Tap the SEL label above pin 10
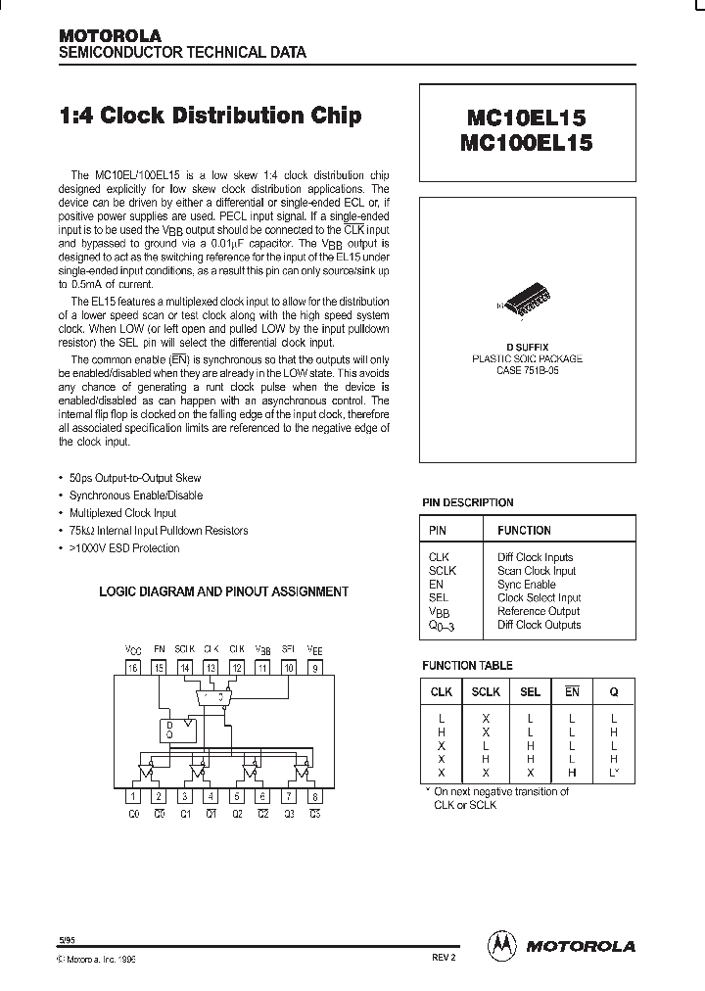coord(288,648)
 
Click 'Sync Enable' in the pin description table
coord(526,584)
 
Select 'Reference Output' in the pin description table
coord(539,611)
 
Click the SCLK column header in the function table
coord(486,691)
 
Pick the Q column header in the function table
coord(614,691)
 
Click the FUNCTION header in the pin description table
coord(524,530)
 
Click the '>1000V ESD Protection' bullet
coord(124,548)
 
